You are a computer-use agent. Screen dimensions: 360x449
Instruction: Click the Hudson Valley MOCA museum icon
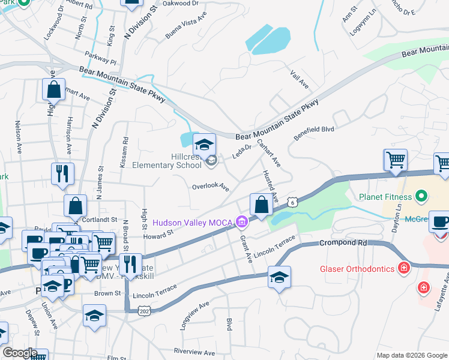click(242, 223)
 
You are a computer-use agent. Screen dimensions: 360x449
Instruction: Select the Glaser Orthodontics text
click(364, 269)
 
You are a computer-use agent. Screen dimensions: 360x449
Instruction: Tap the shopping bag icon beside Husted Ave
click(261, 205)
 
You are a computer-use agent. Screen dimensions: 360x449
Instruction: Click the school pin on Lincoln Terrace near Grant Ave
click(279, 278)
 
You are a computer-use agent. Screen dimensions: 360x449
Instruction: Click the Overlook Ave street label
click(210, 187)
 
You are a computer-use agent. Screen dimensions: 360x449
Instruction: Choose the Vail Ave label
click(299, 79)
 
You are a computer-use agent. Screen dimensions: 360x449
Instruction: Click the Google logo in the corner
click(20, 353)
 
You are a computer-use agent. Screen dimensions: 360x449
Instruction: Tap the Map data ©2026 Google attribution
click(411, 355)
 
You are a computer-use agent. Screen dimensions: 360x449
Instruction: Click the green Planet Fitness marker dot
click(421, 196)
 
